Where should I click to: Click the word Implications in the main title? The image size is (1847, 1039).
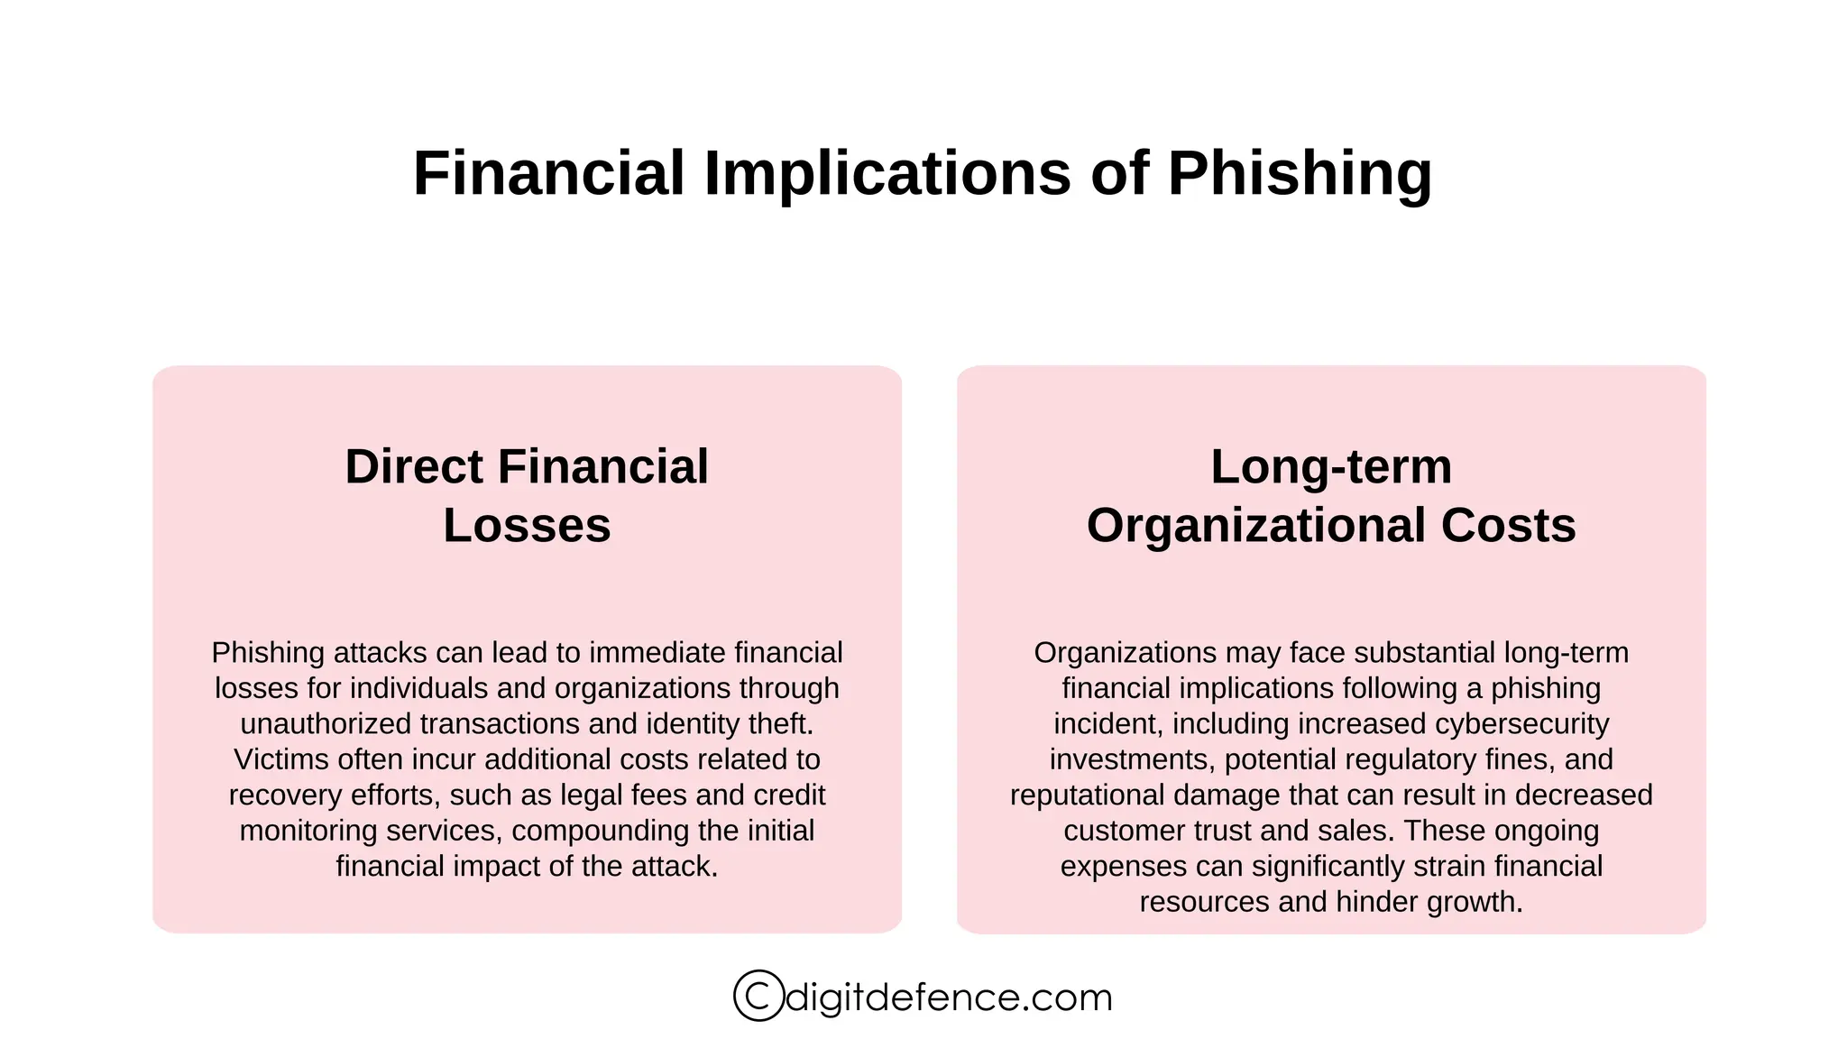pos(887,173)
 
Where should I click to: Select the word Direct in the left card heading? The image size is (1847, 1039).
pos(414,467)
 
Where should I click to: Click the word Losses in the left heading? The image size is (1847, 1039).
pos(527,526)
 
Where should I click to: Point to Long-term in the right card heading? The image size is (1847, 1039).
pos(1330,467)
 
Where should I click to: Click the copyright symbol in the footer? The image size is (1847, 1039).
pos(758,996)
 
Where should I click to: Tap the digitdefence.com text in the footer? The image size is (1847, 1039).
pos(949,998)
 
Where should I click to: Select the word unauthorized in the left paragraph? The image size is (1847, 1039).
pos(326,724)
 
